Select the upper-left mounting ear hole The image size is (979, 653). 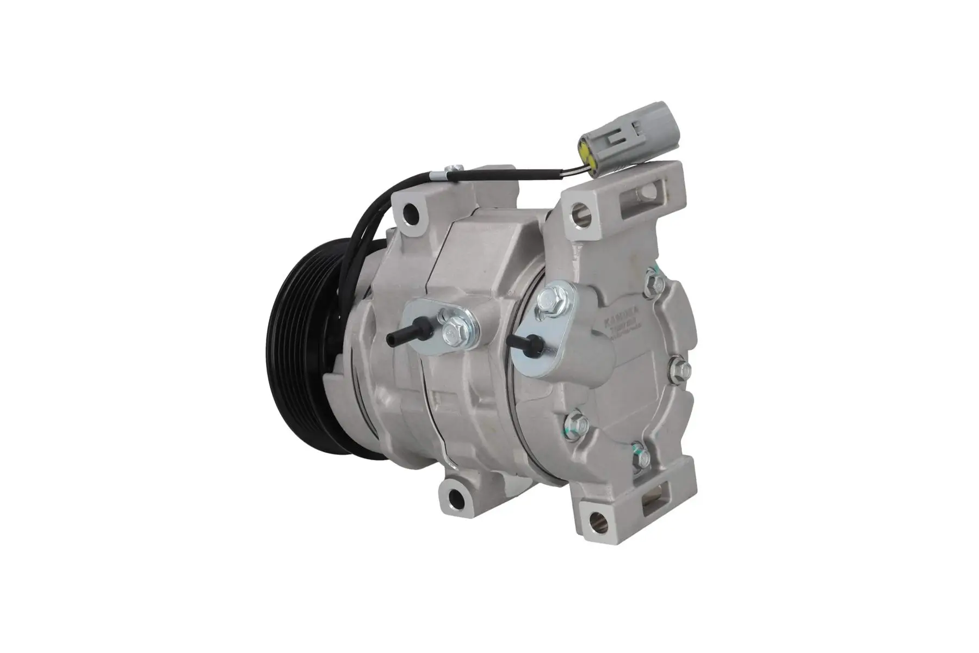[409, 211]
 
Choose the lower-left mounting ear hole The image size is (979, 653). [454, 496]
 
